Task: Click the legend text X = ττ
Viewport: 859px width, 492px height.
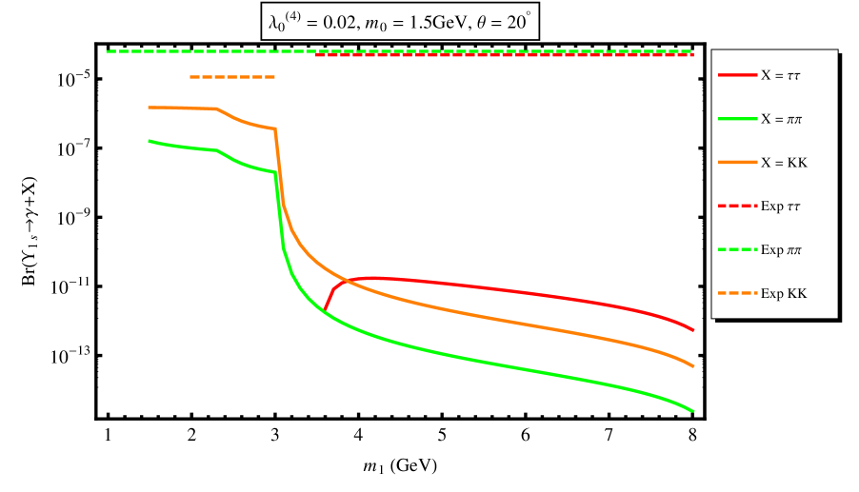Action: tap(780, 75)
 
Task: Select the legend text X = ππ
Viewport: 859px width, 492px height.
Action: tap(781, 119)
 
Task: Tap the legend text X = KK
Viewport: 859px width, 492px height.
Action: tap(784, 163)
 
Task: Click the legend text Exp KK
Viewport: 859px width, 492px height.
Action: tap(784, 294)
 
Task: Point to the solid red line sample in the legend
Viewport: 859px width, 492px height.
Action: tap(737, 74)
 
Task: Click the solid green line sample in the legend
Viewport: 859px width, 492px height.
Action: tap(737, 118)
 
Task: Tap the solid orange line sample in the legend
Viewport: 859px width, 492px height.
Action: tap(737, 162)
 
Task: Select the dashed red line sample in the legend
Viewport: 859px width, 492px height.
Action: tap(737, 206)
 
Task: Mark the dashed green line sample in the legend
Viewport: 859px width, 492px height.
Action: tap(737, 249)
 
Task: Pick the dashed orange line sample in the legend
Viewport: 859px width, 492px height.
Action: tap(737, 293)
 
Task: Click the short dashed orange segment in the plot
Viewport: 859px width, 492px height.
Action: tap(232, 77)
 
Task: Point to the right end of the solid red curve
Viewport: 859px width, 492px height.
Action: tap(693, 330)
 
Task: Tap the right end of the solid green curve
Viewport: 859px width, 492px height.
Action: tap(693, 411)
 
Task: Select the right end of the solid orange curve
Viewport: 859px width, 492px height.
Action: tap(693, 366)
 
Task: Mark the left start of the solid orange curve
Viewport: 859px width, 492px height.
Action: tap(150, 108)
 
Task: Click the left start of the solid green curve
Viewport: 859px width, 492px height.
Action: tap(150, 141)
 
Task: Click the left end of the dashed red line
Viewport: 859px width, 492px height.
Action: tap(317, 55)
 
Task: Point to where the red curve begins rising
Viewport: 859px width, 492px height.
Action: tap(325, 310)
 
